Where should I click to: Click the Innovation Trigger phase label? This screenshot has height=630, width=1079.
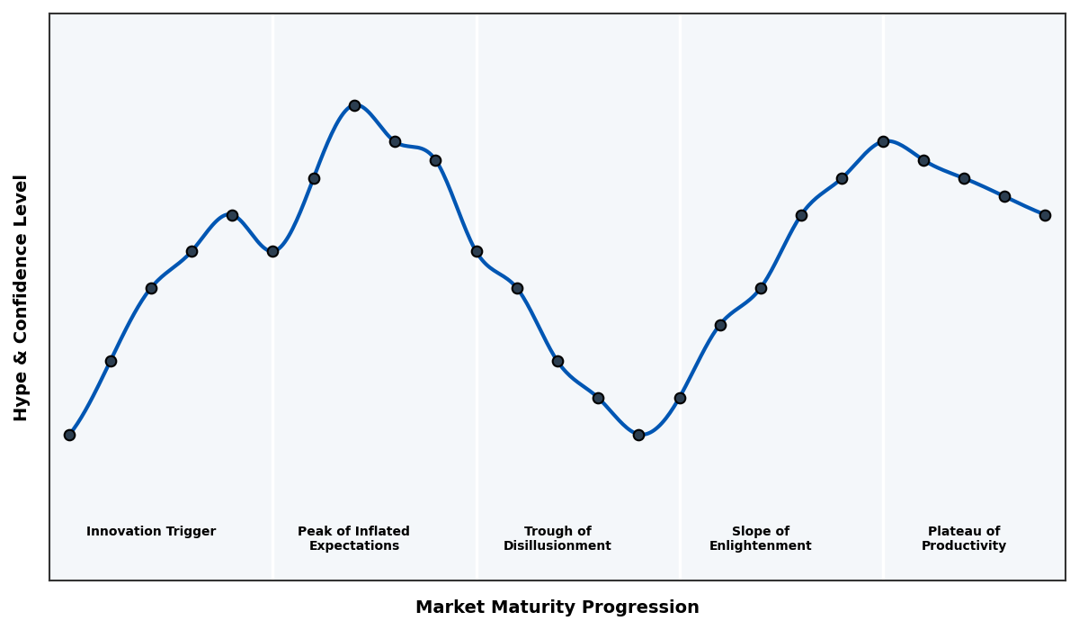pos(151,532)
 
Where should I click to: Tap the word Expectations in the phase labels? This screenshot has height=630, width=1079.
pos(354,546)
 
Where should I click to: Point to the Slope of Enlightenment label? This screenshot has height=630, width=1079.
pos(760,539)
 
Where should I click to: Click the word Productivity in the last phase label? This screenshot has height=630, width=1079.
pos(964,546)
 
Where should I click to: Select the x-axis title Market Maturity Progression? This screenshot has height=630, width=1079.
pos(557,607)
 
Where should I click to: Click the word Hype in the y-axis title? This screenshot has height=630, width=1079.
pos(22,400)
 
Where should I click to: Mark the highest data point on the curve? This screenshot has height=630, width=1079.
pos(354,105)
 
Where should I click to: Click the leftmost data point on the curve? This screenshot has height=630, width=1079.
pos(69,435)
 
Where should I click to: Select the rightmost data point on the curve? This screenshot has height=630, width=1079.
pos(1045,215)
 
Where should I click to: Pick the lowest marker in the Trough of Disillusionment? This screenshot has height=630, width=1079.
pos(638,435)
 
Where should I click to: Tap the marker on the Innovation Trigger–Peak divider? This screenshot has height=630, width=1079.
pos(272,251)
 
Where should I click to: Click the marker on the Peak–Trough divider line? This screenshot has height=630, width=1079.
pos(477,251)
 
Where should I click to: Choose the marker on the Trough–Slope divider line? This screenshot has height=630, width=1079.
pos(680,398)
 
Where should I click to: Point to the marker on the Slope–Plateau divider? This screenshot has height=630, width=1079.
pos(883,141)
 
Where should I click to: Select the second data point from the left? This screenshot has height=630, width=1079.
pos(111,361)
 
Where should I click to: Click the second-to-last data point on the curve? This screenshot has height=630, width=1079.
pos(1004,196)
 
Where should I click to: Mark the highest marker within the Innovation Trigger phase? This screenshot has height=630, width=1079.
pos(232,215)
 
